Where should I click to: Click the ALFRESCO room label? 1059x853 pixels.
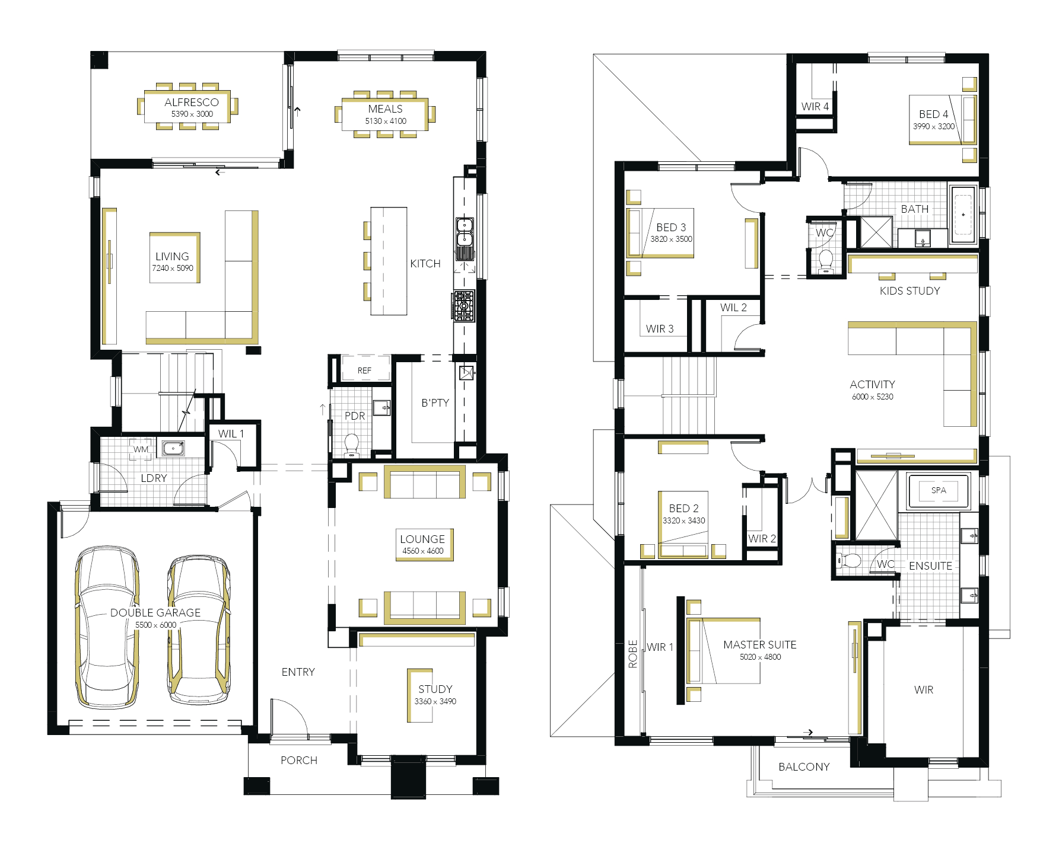coord(192,103)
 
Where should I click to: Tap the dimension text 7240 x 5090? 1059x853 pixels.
coord(173,268)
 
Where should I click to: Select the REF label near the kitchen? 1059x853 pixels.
coord(364,370)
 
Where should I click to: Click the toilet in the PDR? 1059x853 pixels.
coord(352,445)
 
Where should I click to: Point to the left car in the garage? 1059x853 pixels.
coord(107,627)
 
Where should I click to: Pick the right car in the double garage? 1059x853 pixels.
coord(199,630)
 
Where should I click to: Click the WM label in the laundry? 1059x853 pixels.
coord(141,449)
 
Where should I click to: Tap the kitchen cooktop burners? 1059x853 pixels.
coord(465,306)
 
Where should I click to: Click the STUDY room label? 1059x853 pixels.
coord(435,689)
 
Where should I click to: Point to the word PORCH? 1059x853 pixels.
coord(299,761)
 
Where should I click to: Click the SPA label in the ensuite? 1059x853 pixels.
coord(939,490)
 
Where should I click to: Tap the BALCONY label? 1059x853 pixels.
coord(804,767)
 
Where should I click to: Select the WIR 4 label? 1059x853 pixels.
coord(815,107)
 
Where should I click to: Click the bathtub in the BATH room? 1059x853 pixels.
coord(963,215)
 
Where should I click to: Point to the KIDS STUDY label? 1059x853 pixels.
coord(910,291)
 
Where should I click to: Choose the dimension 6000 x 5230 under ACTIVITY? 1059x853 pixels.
coord(873,397)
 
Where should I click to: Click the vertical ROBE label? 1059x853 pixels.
coord(633,654)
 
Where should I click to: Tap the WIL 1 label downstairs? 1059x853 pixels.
coord(231,434)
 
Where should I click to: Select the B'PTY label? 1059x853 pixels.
coord(435,403)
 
